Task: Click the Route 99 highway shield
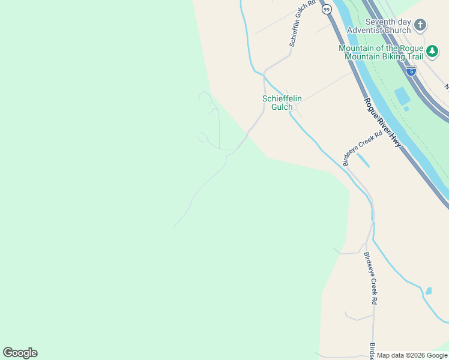[x=326, y=10]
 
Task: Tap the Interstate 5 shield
[x=411, y=71]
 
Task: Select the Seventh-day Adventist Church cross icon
[x=420, y=25]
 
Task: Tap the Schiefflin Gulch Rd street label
[x=303, y=23]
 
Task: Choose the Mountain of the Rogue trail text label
[x=381, y=52]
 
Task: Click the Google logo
[x=20, y=353]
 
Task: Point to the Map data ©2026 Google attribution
[x=412, y=355]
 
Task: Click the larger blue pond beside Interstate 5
[x=402, y=95]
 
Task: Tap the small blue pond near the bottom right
[x=428, y=291]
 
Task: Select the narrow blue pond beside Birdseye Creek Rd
[x=363, y=161]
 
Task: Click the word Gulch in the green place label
[x=282, y=107]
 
